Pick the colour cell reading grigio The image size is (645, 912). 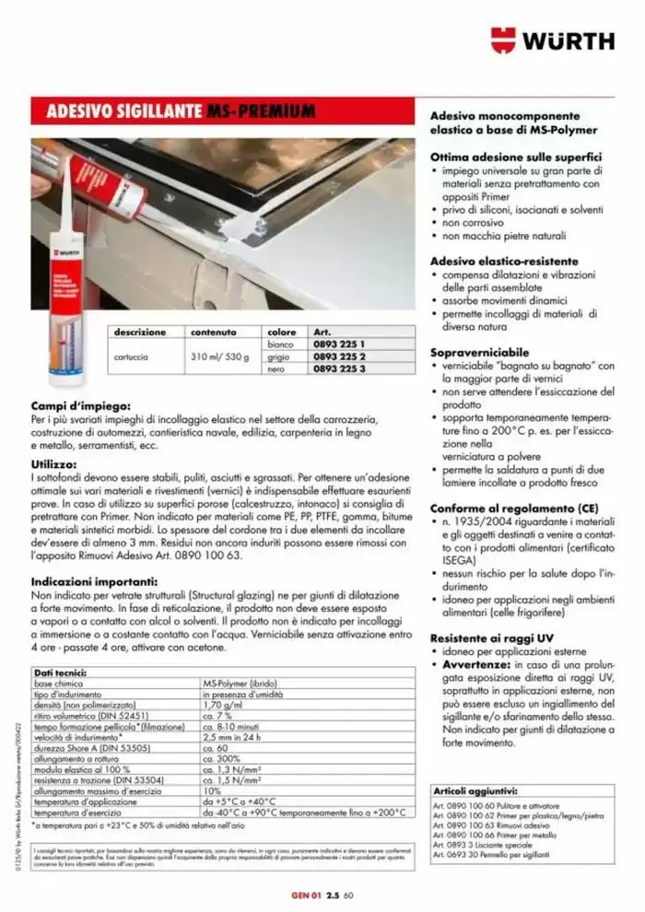(x=279, y=357)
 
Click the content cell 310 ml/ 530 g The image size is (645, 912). (x=219, y=357)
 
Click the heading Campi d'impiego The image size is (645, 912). (x=80, y=404)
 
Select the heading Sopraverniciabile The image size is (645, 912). (x=479, y=353)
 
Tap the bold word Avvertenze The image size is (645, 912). (x=476, y=664)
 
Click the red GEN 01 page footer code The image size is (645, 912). (x=303, y=894)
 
